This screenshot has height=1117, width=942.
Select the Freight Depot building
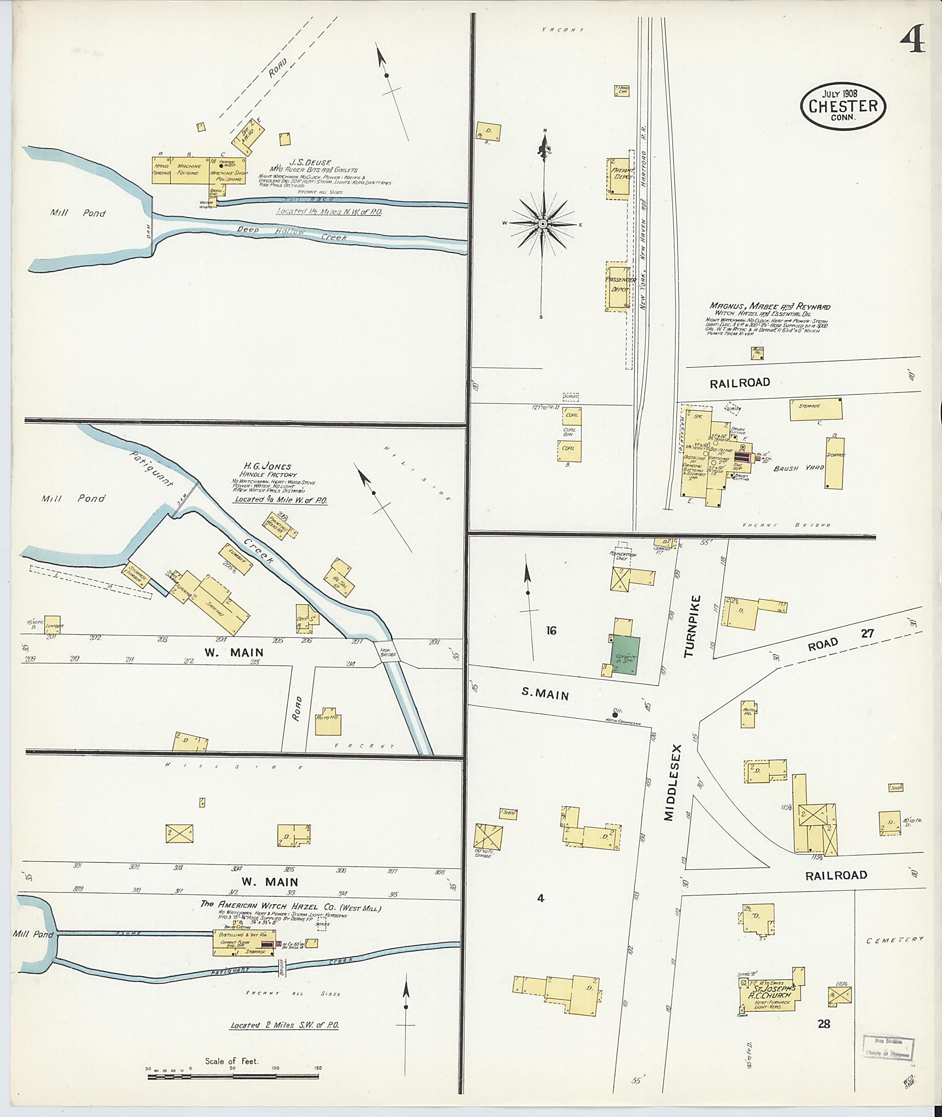[x=618, y=179]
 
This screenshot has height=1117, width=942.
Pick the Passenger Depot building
[x=617, y=287]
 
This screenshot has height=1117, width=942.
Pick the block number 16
[x=551, y=630]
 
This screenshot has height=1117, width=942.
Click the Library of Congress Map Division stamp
[x=889, y=1047]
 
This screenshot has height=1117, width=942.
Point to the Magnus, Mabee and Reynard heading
[x=770, y=306]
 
